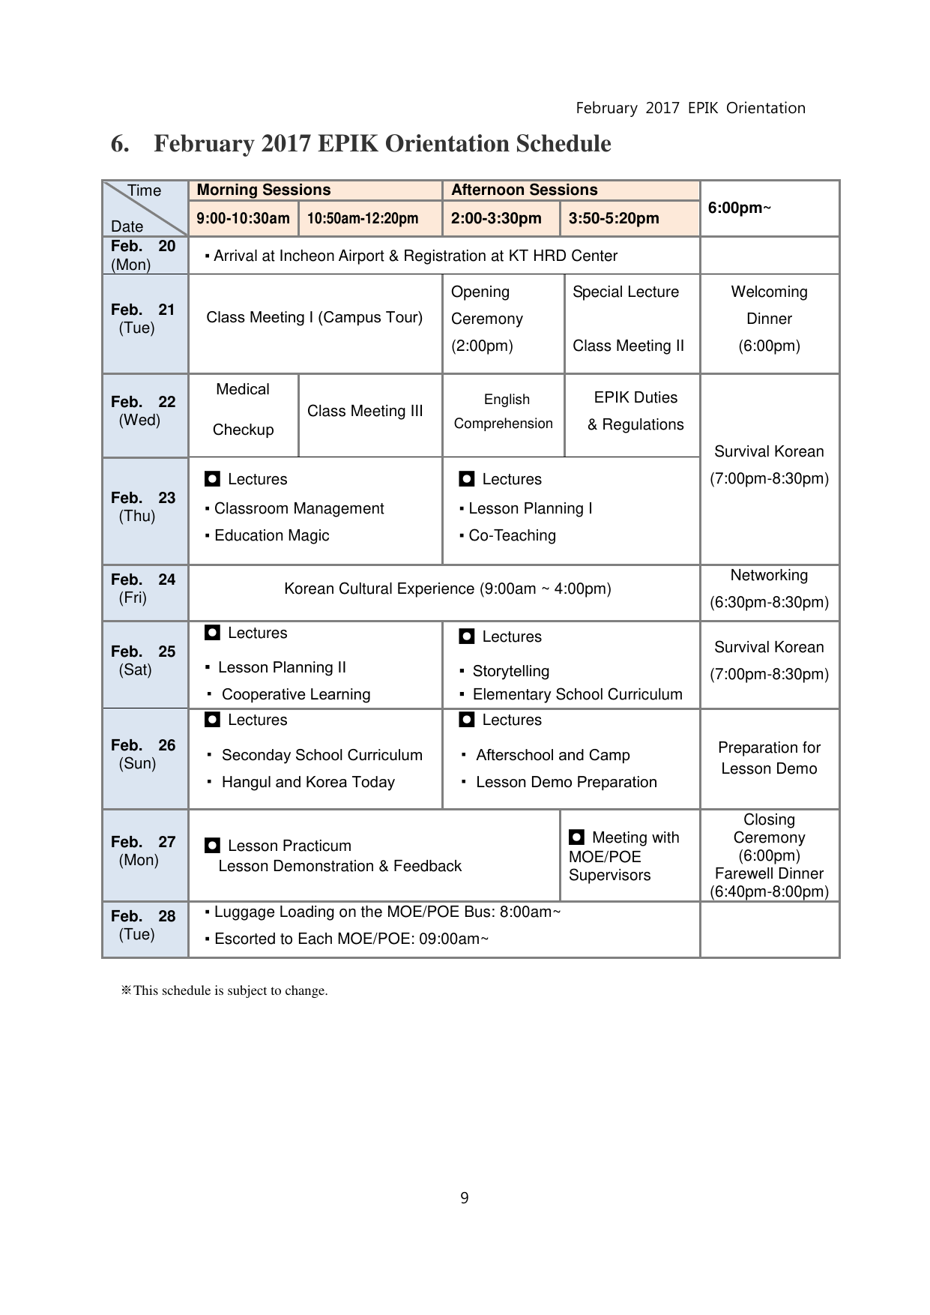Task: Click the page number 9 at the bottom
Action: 465,1198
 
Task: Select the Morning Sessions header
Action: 263,190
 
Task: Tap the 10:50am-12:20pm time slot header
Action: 363,219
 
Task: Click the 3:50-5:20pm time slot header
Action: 614,219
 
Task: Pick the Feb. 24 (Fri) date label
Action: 143,589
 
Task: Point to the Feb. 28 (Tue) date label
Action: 143,925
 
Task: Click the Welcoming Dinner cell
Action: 769,319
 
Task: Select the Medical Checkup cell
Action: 243,409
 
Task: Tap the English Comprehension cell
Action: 504,412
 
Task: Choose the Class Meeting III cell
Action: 365,411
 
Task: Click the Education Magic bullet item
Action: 271,535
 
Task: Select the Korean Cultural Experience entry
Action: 447,589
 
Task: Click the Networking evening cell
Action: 769,589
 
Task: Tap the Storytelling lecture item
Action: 510,671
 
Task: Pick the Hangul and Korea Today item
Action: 308,782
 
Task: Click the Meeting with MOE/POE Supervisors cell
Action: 623,856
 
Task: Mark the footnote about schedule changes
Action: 225,990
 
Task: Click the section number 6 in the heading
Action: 119,144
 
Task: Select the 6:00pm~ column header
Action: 739,208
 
